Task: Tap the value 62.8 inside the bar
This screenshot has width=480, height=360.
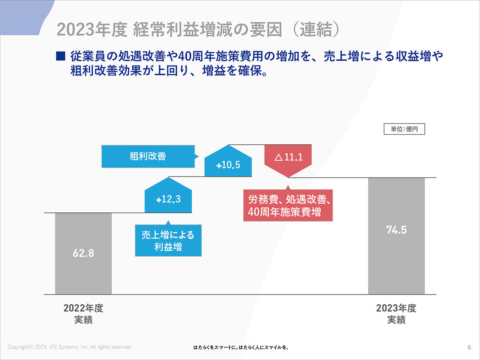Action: (x=83, y=253)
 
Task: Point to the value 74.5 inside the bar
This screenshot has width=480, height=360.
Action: (x=396, y=230)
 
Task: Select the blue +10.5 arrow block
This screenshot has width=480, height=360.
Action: (x=228, y=164)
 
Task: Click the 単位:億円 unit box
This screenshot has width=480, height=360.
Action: (x=404, y=129)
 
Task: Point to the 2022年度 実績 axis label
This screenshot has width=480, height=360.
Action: (x=83, y=314)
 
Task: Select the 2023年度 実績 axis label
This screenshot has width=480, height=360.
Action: (x=396, y=314)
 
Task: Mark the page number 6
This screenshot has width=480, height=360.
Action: (x=469, y=347)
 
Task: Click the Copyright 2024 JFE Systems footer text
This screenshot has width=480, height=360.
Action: (x=70, y=347)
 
